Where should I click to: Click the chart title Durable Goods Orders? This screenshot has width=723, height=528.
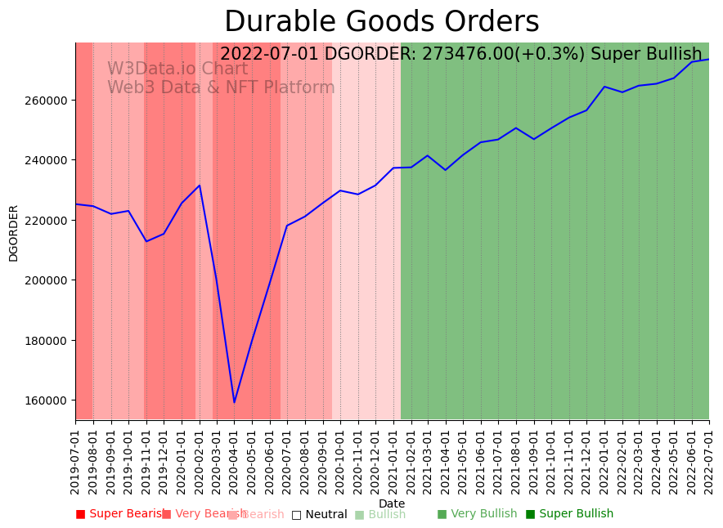tap(381, 22)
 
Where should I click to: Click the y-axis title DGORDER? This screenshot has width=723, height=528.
tap(13, 233)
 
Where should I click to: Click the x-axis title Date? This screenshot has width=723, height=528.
tap(392, 503)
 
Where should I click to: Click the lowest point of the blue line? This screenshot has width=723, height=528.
tap(234, 402)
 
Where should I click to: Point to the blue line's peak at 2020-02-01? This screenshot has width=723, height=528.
tap(200, 185)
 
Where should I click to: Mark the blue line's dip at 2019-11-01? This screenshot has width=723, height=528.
tap(146, 241)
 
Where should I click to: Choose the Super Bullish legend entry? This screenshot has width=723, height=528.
tap(569, 514)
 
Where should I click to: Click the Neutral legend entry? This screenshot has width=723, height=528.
tap(320, 515)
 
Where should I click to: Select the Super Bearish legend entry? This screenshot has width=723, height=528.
tap(119, 514)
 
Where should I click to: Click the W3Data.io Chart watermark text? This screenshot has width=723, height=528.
tap(177, 69)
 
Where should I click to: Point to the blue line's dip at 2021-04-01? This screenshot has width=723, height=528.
tap(445, 170)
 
